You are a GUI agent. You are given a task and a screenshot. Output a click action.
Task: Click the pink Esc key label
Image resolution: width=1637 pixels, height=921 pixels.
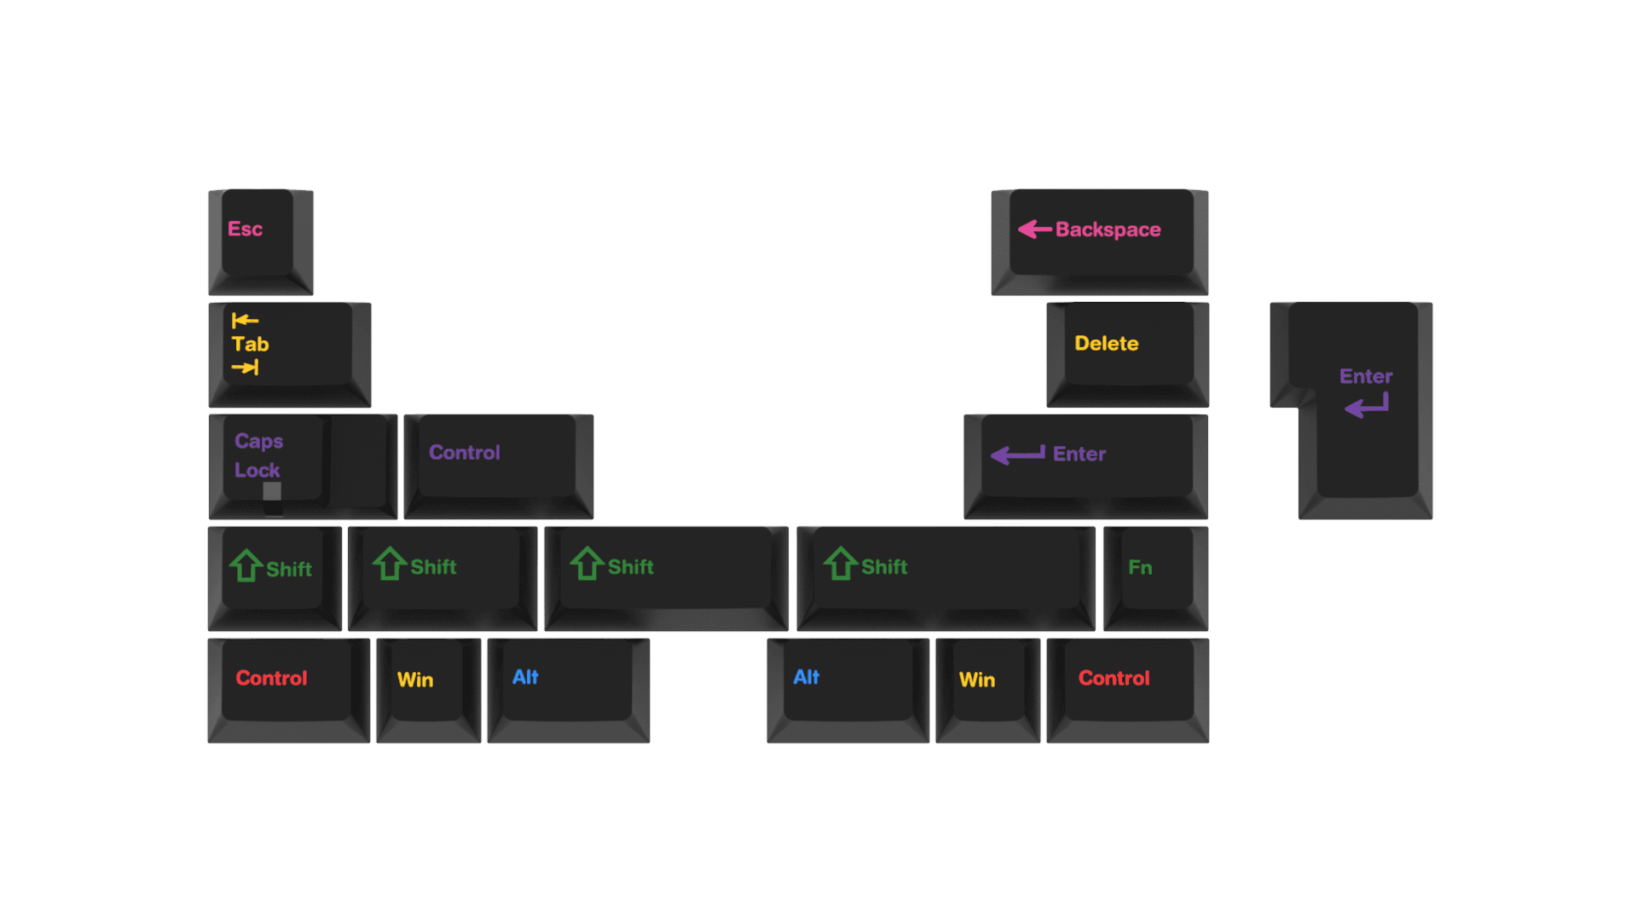click(x=245, y=229)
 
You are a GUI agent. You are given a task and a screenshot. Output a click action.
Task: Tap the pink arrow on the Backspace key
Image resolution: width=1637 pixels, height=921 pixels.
click(x=1034, y=229)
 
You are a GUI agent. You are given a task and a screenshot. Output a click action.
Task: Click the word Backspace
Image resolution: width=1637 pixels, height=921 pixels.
click(x=1108, y=229)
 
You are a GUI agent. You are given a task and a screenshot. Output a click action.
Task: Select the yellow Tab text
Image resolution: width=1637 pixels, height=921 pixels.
click(x=250, y=345)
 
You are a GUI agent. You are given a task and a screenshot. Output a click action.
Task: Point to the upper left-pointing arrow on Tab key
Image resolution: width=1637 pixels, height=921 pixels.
click(x=245, y=321)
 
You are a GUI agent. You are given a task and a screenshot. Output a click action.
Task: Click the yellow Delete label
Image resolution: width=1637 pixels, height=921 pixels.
click(x=1106, y=344)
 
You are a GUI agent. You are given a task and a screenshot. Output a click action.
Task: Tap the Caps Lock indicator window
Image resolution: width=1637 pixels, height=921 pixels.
click(x=272, y=491)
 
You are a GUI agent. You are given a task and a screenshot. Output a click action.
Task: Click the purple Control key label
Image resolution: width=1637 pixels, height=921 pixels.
click(x=464, y=453)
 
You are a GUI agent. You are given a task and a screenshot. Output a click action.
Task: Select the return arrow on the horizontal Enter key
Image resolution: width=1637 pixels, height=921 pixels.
click(x=1017, y=455)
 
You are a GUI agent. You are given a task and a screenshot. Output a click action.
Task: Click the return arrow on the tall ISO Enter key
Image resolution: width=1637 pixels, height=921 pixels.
click(x=1367, y=406)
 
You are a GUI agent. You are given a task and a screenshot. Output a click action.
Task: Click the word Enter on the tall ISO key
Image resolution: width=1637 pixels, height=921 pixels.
click(x=1365, y=376)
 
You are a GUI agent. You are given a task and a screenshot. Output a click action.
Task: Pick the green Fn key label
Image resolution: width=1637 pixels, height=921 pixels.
click(x=1140, y=568)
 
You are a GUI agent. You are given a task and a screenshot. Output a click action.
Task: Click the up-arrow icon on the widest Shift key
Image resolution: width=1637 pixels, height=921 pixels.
click(x=840, y=564)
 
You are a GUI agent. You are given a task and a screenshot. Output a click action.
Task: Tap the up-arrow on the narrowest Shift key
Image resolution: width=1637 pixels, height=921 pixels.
click(x=246, y=565)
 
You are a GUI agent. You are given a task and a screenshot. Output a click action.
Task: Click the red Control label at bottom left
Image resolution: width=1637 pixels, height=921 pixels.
click(x=271, y=679)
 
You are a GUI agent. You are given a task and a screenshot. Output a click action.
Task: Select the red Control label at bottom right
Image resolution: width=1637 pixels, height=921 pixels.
click(x=1114, y=679)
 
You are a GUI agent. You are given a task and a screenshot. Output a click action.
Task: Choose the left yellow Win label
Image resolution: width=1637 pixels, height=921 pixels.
click(x=415, y=681)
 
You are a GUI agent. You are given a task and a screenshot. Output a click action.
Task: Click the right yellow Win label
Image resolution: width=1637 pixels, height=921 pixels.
click(x=977, y=681)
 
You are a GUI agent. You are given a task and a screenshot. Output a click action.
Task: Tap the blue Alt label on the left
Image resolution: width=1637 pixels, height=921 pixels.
click(x=525, y=677)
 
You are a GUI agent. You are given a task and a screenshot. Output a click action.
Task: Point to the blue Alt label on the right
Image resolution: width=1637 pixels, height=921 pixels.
click(x=806, y=677)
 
